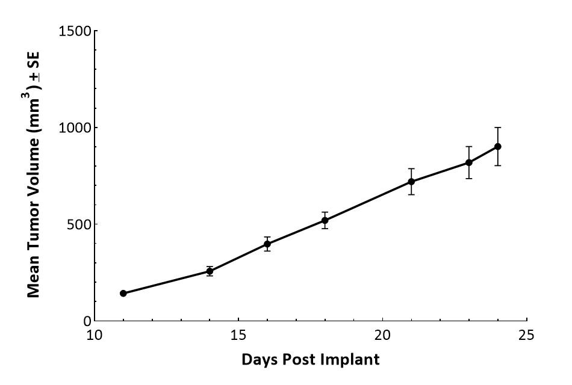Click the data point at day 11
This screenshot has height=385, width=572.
[123, 294]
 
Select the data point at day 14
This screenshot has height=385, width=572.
[210, 271]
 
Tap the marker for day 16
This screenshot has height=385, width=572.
[267, 244]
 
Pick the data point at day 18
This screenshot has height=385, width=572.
[325, 220]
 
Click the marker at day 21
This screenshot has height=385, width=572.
[411, 182]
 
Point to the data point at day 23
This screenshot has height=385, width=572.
[468, 162]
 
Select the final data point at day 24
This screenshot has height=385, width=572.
[497, 146]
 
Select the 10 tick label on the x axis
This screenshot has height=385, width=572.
[95, 334]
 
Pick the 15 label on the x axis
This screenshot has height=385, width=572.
[239, 334]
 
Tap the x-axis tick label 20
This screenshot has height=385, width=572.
[383, 334]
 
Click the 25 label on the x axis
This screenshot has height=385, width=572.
[527, 334]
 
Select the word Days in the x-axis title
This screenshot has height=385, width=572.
[259, 360]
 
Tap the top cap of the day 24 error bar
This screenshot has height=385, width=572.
[497, 128]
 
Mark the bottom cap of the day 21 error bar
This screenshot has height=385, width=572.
[411, 195]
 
